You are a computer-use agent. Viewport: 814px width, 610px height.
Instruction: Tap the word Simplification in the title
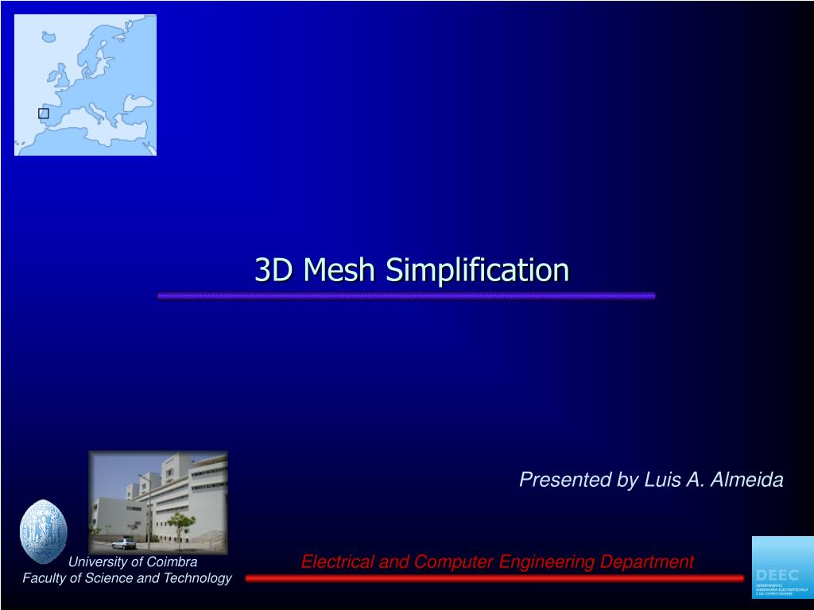tap(477, 271)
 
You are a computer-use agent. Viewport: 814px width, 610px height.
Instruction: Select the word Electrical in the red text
tap(336, 562)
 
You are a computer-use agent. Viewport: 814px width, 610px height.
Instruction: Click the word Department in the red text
tap(647, 562)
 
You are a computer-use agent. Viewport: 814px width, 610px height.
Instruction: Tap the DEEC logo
tap(782, 567)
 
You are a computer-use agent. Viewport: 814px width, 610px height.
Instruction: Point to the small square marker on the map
tap(44, 114)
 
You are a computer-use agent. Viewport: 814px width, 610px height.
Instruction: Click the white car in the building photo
tap(123, 544)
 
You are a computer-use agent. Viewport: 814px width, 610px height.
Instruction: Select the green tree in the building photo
tap(180, 523)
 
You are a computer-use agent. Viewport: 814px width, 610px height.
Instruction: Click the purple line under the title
tap(406, 295)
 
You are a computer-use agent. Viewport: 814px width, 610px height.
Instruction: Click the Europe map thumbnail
tap(85, 85)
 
